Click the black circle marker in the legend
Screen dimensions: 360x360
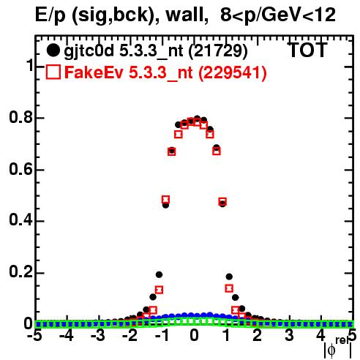(53, 50)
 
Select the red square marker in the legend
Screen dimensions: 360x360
(53, 72)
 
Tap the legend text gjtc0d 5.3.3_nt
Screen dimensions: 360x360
(124, 51)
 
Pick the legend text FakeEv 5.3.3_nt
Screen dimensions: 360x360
(129, 72)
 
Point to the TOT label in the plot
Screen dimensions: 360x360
(308, 50)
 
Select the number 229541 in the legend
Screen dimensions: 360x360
(233, 72)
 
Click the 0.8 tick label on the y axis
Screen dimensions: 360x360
(20, 117)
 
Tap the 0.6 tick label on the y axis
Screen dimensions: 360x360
(20, 169)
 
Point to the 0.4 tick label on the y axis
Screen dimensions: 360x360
(20, 220)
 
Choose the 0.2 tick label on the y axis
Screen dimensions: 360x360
(20, 271)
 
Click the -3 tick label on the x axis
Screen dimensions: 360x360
(97, 336)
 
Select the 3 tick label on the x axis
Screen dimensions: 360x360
(289, 336)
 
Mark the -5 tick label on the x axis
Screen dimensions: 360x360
(34, 336)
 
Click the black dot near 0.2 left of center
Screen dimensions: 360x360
(159, 275)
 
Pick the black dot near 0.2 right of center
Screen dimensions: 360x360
(229, 277)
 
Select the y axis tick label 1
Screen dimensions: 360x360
(29, 65)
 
